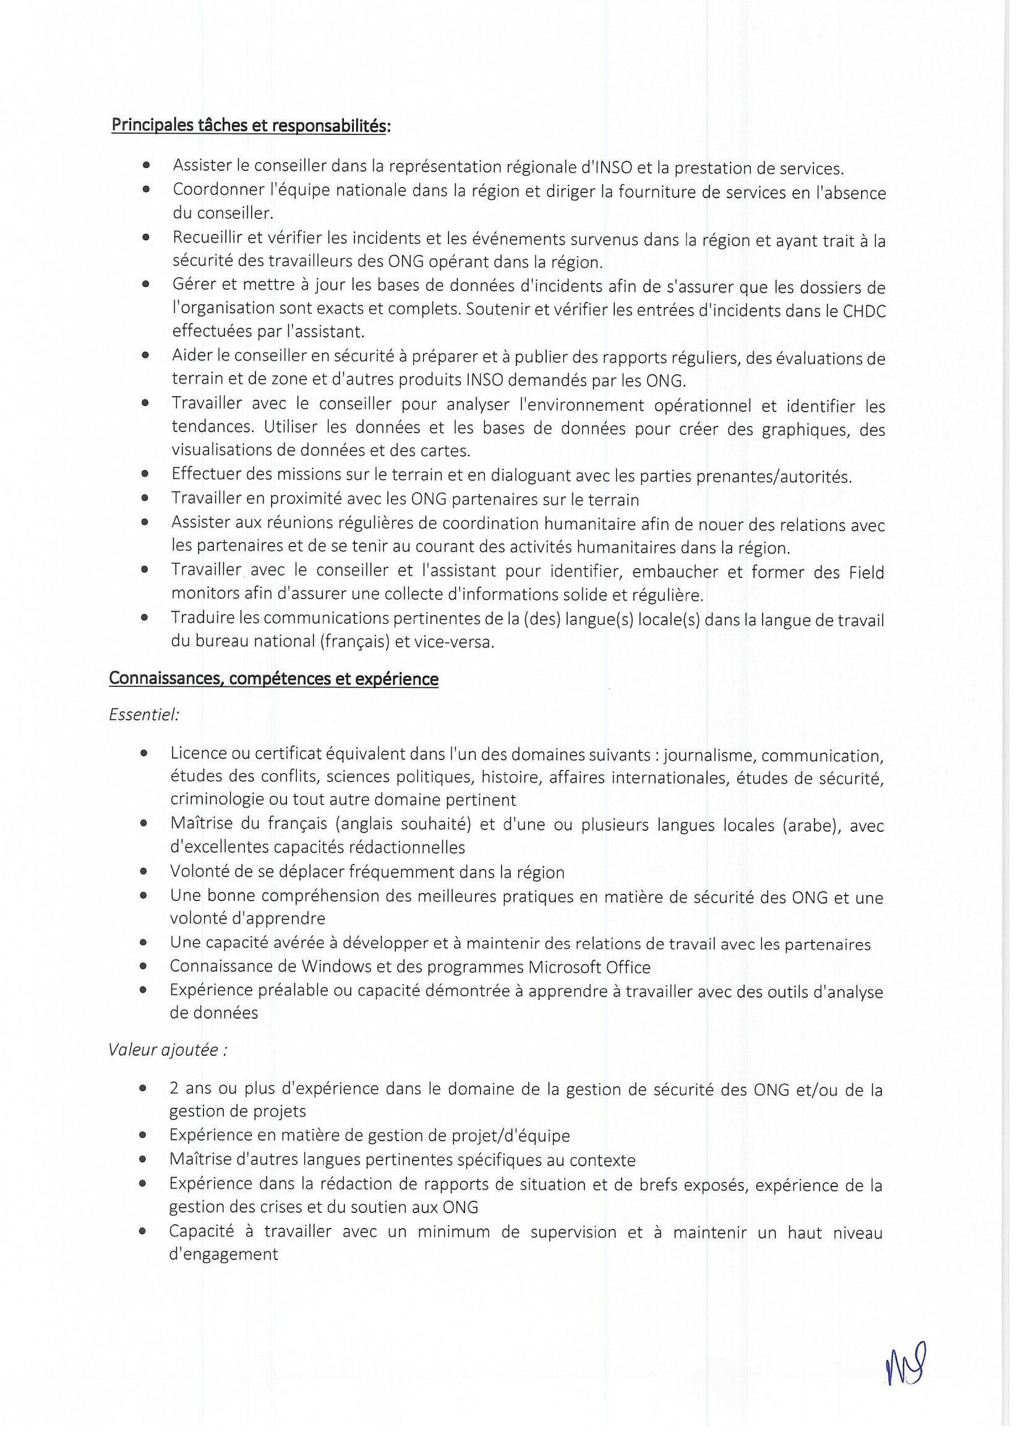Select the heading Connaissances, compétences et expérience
273,679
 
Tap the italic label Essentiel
144,715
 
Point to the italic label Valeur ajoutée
168,1050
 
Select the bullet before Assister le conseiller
146,166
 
